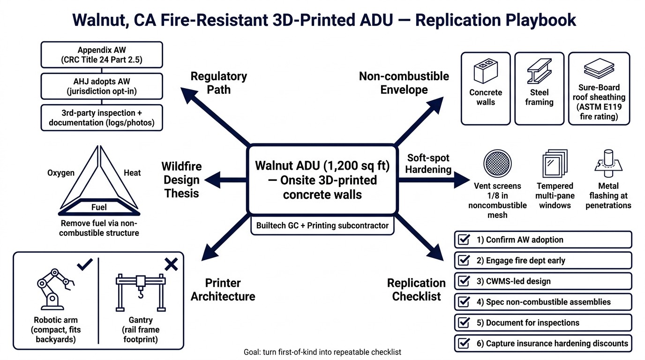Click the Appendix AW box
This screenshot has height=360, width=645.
102,55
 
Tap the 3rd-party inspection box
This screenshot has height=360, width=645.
102,118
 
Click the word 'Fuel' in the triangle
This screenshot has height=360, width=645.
99,207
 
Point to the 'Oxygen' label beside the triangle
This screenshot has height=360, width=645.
61,173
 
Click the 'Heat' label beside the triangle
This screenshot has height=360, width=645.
132,173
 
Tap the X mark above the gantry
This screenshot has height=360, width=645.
171,265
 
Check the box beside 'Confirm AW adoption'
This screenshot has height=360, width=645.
464,240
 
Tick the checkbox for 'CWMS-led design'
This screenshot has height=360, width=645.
464,281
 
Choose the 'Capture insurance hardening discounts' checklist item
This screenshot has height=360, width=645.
543,344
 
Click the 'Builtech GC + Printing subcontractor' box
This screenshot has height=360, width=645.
322,225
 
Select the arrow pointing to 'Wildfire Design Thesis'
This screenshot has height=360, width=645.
225,180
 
